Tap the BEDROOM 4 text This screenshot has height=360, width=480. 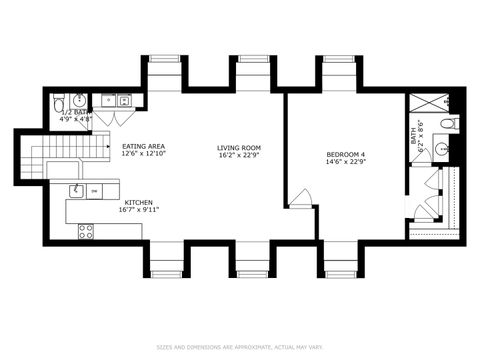click(x=347, y=153)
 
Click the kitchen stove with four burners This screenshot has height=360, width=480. click(x=86, y=230)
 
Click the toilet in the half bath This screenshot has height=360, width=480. click(x=58, y=102)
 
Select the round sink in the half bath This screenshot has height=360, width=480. click(x=80, y=100)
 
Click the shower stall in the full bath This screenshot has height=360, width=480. click(x=427, y=103)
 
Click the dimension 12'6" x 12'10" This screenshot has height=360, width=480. click(x=142, y=155)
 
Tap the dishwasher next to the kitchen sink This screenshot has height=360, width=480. click(x=95, y=190)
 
